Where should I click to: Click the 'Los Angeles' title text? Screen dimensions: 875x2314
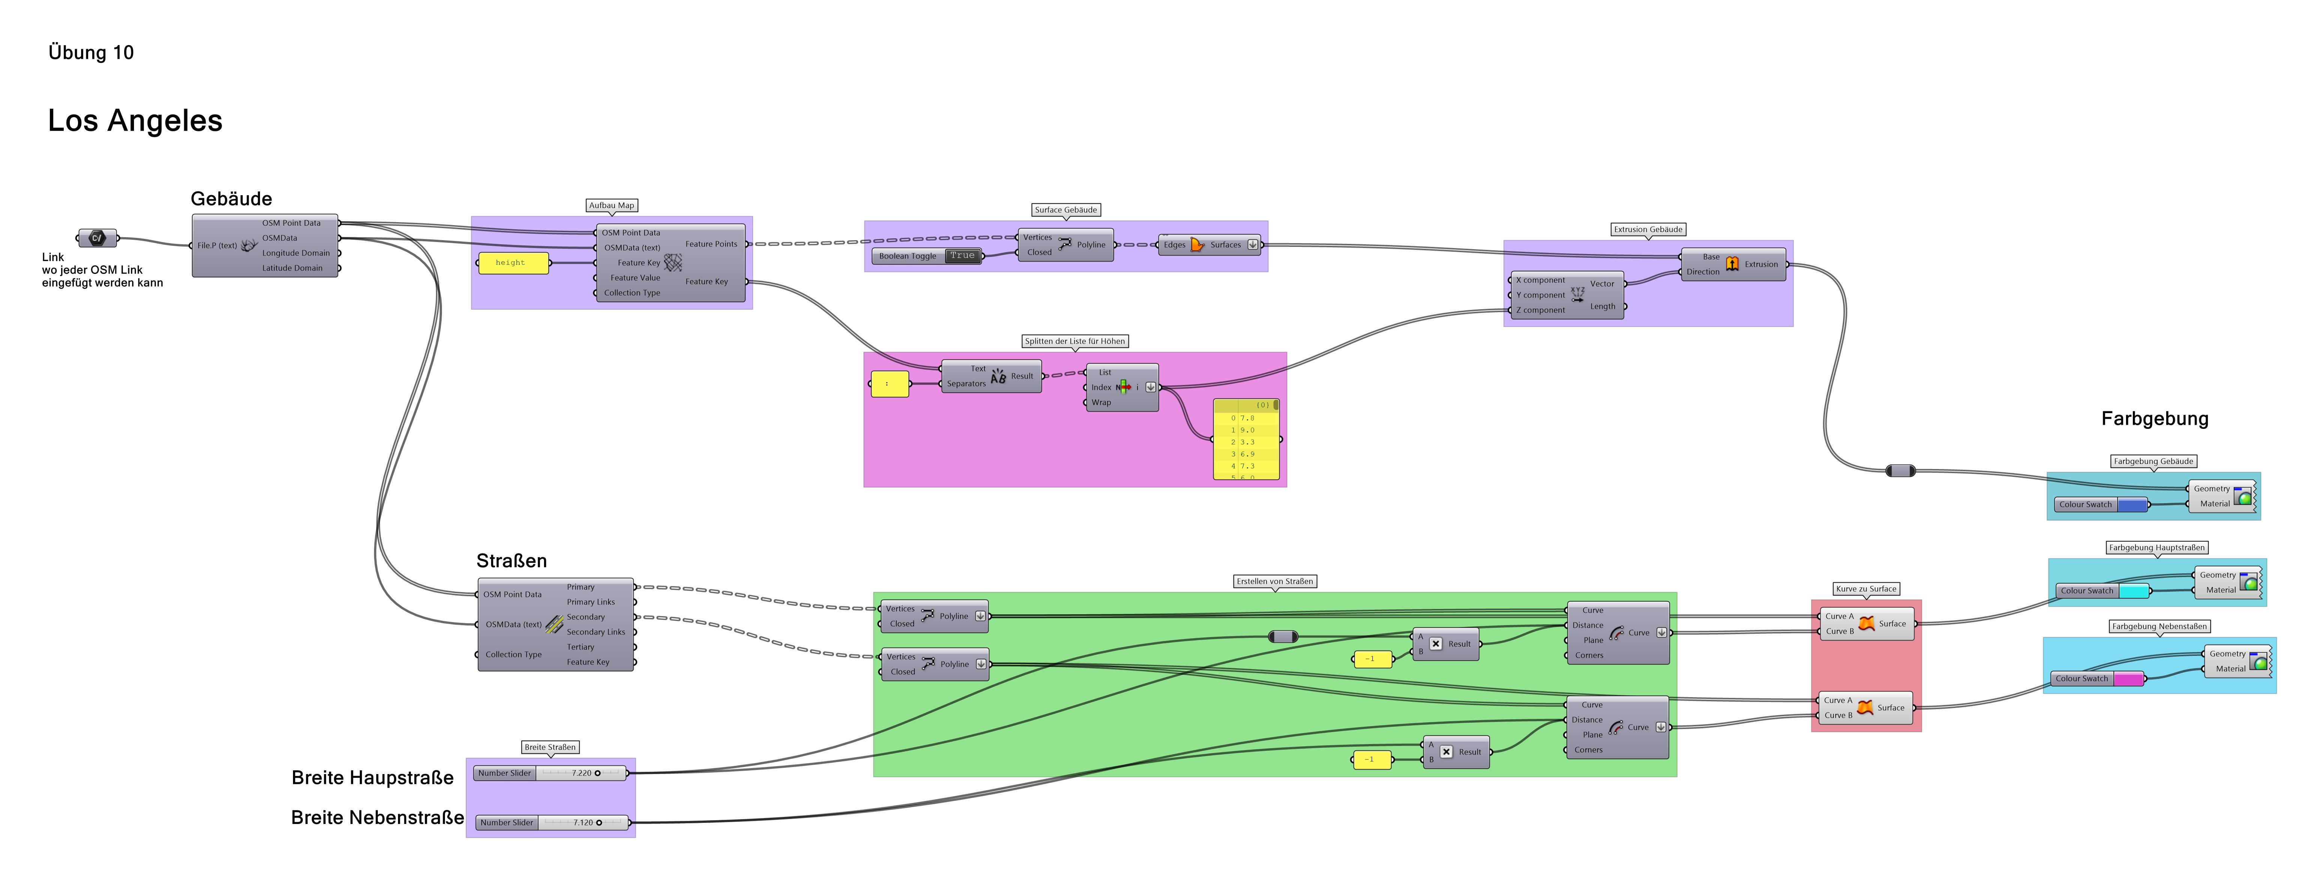click(135, 120)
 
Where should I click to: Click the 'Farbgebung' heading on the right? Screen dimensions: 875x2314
click(2154, 419)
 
